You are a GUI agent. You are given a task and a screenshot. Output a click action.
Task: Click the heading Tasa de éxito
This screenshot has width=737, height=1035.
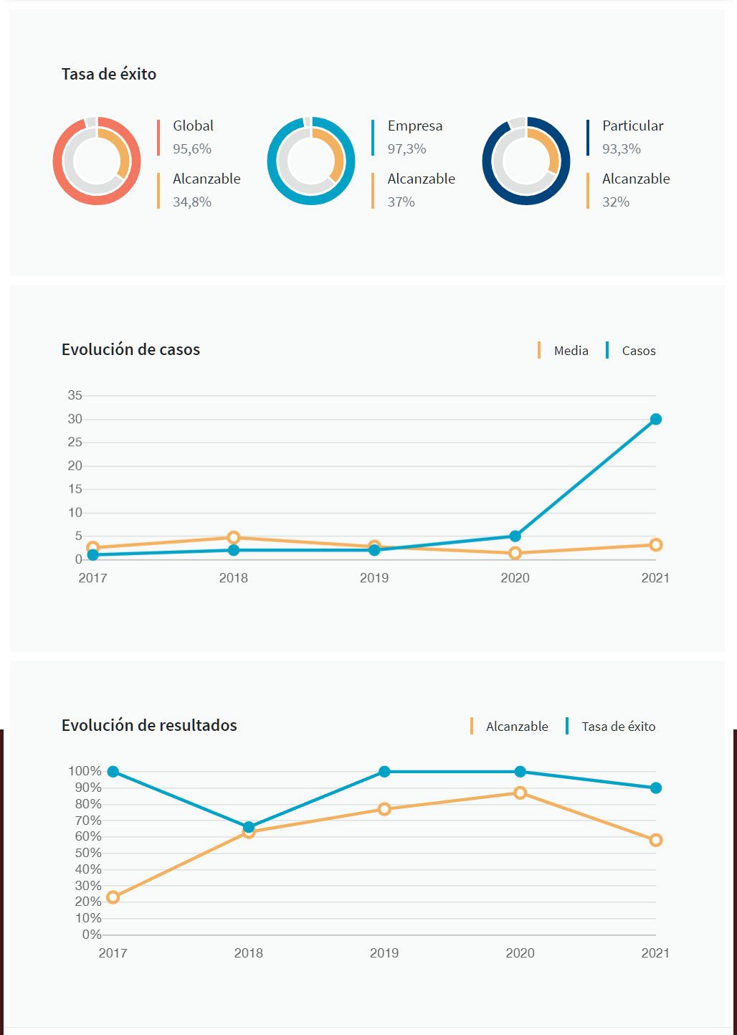point(109,74)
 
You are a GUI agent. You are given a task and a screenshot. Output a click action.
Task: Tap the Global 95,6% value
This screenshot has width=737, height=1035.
point(192,149)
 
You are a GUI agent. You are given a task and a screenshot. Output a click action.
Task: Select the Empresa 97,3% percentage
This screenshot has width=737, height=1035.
point(406,149)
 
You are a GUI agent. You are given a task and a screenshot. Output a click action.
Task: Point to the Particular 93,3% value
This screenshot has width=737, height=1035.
point(621,149)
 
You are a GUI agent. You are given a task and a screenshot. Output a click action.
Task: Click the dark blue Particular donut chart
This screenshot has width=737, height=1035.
point(526,161)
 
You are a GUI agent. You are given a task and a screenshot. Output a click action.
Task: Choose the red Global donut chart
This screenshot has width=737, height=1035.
point(97,161)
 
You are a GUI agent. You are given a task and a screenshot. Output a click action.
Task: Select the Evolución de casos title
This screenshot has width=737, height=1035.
point(130,350)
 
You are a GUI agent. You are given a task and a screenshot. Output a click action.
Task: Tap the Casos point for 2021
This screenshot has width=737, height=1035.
point(655,419)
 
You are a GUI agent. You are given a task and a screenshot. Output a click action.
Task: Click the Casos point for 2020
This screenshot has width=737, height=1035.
point(515,536)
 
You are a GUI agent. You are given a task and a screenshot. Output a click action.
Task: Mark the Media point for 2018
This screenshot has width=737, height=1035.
point(234,537)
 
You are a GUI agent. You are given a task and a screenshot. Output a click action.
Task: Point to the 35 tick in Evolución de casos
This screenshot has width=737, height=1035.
point(75,395)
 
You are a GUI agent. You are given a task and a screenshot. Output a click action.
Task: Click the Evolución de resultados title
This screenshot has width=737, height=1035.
point(149,725)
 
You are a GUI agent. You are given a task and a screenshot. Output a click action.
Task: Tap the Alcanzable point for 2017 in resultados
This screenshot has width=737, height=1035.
point(113,897)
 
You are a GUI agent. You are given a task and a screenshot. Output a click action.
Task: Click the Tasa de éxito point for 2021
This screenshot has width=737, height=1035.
point(655,788)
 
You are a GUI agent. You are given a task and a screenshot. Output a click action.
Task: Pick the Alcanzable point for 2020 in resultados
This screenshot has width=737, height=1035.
point(520,793)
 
